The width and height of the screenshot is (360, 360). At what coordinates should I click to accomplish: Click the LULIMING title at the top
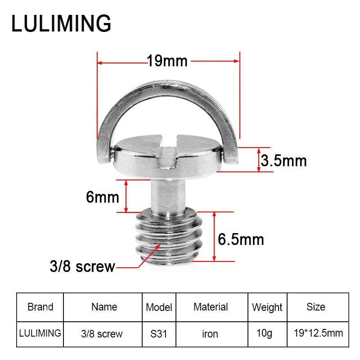(x=61, y=23)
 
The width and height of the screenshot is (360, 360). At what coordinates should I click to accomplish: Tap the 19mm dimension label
(x=167, y=61)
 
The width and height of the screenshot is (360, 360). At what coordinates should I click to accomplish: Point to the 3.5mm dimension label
(x=284, y=161)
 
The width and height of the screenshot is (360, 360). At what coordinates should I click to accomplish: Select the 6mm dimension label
(x=103, y=197)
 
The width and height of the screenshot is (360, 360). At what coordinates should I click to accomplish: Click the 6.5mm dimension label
(x=241, y=239)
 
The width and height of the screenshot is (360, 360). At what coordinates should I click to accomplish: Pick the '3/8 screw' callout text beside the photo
(x=82, y=266)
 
